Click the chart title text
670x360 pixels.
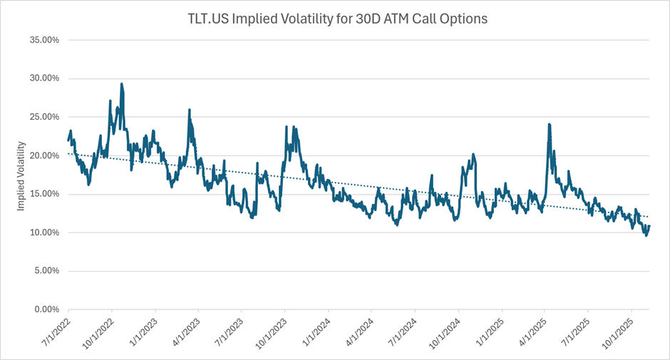click(x=334, y=19)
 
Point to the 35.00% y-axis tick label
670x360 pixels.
click(x=43, y=40)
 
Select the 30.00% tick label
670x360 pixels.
click(x=43, y=78)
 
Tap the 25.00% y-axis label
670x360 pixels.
click(x=43, y=117)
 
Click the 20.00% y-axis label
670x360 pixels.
click(x=43, y=155)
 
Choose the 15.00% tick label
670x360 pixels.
click(x=43, y=194)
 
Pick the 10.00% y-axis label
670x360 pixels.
click(x=43, y=232)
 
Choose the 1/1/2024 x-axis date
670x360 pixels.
click(x=315, y=334)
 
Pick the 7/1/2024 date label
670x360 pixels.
click(x=402, y=334)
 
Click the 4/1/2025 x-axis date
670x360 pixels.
click(x=532, y=334)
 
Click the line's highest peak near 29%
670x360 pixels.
click(x=122, y=84)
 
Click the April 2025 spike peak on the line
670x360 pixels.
click(x=549, y=124)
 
